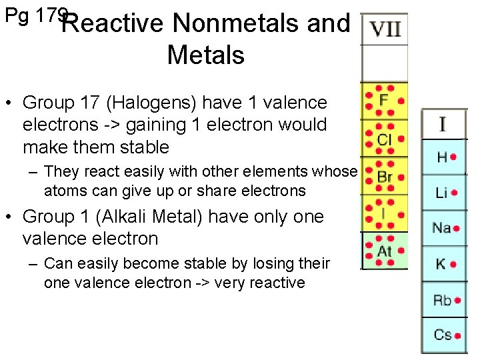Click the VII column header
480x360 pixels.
click(x=385, y=29)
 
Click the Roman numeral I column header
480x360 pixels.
click(x=442, y=124)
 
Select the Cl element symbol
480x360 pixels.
click(x=384, y=139)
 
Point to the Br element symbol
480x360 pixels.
click(x=385, y=177)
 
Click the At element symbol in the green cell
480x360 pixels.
click(x=384, y=251)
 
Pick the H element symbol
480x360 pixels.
click(x=442, y=157)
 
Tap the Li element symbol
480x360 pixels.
click(x=441, y=193)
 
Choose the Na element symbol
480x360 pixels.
click(x=441, y=228)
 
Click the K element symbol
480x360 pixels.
click(x=441, y=264)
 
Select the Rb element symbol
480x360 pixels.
click(x=442, y=300)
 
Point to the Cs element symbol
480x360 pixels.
click(x=442, y=335)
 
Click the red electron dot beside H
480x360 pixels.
click(x=453, y=157)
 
